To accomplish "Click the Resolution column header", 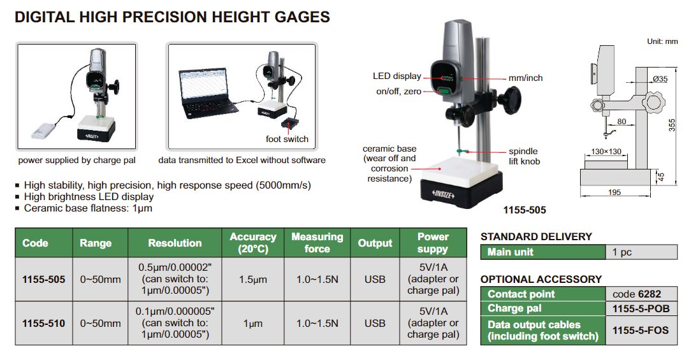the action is pos(175,243).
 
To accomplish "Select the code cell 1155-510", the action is pos(43,324).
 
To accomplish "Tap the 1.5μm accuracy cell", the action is pos(253,280).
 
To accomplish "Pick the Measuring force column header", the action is pos(317,243).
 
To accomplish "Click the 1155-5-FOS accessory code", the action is pos(641,330).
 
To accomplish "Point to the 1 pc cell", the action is pos(622,252).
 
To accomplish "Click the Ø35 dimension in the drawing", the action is pos(660,79).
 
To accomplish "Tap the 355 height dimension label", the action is pos(672,125).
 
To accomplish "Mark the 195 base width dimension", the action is pos(614,192).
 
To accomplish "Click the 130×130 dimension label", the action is pos(606,151).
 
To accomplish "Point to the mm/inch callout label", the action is pos(526,78).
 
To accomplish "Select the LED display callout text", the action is pos(396,76).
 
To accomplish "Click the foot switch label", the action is pos(287,139).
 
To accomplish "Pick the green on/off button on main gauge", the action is pos(445,91).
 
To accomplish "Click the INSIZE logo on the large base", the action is pos(444,194).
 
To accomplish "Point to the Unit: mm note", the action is pos(662,41).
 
